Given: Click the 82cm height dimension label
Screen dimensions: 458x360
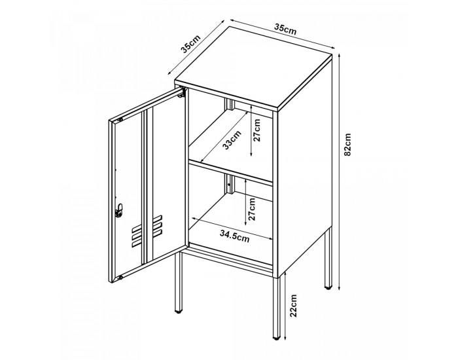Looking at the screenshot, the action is (x=347, y=145).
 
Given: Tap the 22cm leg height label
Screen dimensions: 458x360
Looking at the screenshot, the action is (x=293, y=306).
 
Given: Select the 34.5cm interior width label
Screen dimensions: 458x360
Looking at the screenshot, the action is (x=235, y=236).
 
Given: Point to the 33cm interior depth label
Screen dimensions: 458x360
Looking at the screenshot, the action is (x=232, y=140).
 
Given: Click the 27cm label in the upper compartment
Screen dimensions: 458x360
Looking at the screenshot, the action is (x=256, y=130).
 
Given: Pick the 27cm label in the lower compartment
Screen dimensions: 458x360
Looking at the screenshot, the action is (x=252, y=209).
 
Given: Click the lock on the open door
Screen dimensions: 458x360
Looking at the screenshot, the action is (x=119, y=210).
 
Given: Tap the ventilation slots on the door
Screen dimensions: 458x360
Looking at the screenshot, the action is (x=147, y=231).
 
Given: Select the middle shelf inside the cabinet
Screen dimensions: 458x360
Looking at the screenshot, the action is (x=231, y=171).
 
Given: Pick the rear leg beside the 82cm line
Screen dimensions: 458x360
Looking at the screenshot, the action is (x=328, y=258).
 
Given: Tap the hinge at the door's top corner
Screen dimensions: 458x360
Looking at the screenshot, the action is (x=182, y=93).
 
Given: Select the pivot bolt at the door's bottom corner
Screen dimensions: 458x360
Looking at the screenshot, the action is (x=120, y=278).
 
